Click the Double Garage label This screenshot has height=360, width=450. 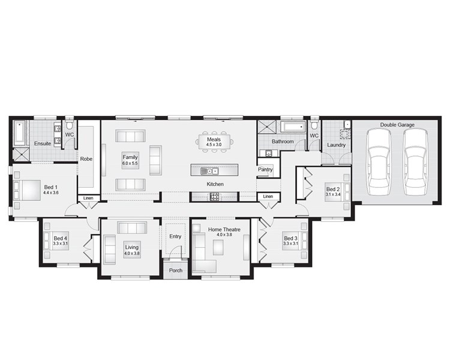(x=397, y=125)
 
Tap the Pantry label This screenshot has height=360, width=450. (x=265, y=169)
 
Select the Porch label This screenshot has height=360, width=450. (x=176, y=271)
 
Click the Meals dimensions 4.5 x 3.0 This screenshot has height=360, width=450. (x=214, y=145)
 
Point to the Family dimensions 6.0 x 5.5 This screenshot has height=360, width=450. (x=130, y=163)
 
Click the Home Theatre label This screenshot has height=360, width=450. (x=224, y=229)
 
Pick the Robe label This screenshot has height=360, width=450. (x=86, y=159)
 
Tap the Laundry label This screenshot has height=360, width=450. (x=337, y=145)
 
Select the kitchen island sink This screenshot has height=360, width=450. (x=209, y=172)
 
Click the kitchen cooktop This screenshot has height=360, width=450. (x=215, y=197)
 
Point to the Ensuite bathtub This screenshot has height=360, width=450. (x=20, y=133)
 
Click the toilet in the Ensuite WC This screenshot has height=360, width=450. (x=70, y=125)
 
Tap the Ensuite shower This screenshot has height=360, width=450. (x=21, y=155)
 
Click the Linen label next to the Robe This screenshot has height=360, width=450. (x=88, y=198)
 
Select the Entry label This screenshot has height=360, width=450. (x=175, y=236)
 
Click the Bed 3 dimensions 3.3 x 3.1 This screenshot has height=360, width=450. (x=291, y=244)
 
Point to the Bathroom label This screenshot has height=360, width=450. (x=283, y=142)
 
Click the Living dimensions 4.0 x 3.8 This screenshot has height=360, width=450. (x=132, y=253)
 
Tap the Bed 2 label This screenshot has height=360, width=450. (x=333, y=189)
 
